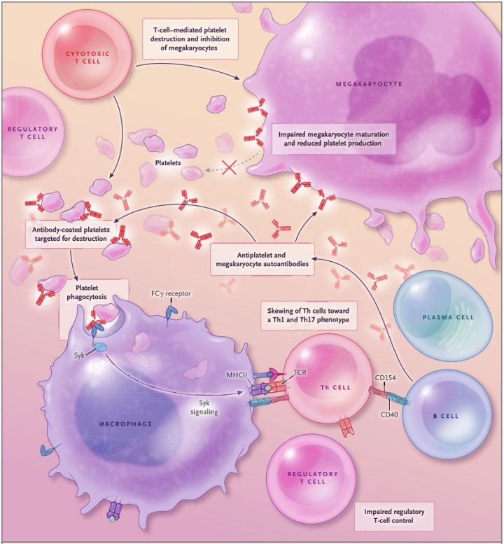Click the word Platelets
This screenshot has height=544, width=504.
[x=169, y=162]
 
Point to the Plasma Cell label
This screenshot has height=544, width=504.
[x=448, y=317]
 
